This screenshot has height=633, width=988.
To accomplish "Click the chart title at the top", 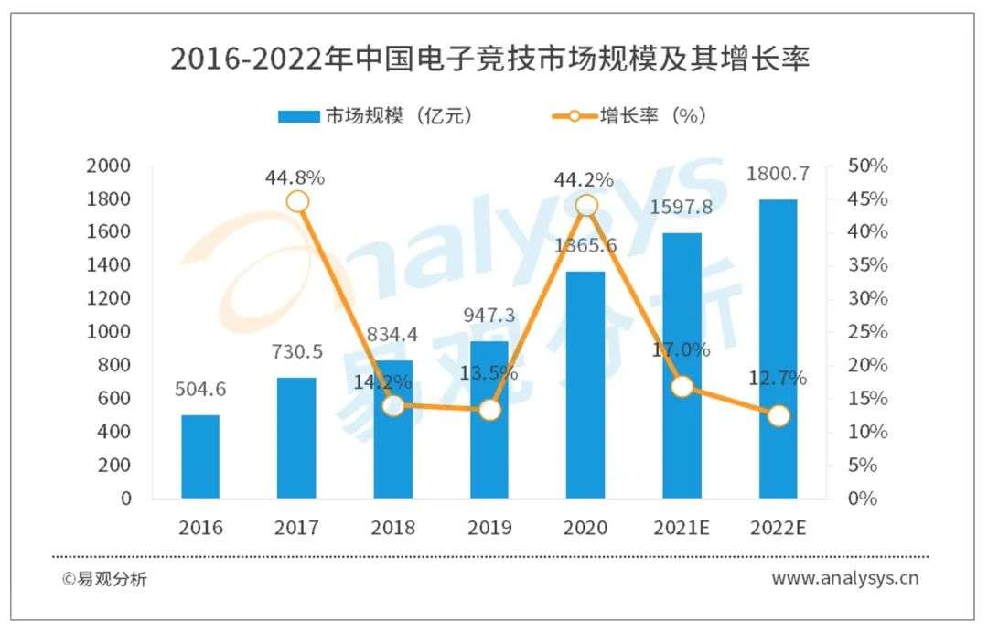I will pyautogui.click(x=491, y=59).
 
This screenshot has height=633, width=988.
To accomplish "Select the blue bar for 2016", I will pyautogui.click(x=200, y=456).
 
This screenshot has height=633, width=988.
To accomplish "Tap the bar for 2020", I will pyautogui.click(x=586, y=384).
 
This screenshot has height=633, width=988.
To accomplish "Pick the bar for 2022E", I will pyautogui.click(x=779, y=349).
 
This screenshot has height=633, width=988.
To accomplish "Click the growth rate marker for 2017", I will pyautogui.click(x=297, y=202).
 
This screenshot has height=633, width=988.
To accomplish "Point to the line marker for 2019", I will pyautogui.click(x=490, y=410).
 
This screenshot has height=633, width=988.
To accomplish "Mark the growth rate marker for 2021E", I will pyautogui.click(x=682, y=387).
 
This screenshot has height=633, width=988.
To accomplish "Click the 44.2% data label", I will pyautogui.click(x=583, y=179).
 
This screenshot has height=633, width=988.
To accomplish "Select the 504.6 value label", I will pyautogui.click(x=200, y=390).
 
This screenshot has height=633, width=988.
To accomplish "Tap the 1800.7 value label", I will pyautogui.click(x=779, y=175).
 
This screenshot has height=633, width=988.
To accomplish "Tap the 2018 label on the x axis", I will pyautogui.click(x=393, y=528).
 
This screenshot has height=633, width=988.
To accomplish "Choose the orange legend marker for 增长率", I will pyautogui.click(x=574, y=115).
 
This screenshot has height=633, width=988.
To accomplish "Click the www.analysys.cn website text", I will pyautogui.click(x=844, y=578).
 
